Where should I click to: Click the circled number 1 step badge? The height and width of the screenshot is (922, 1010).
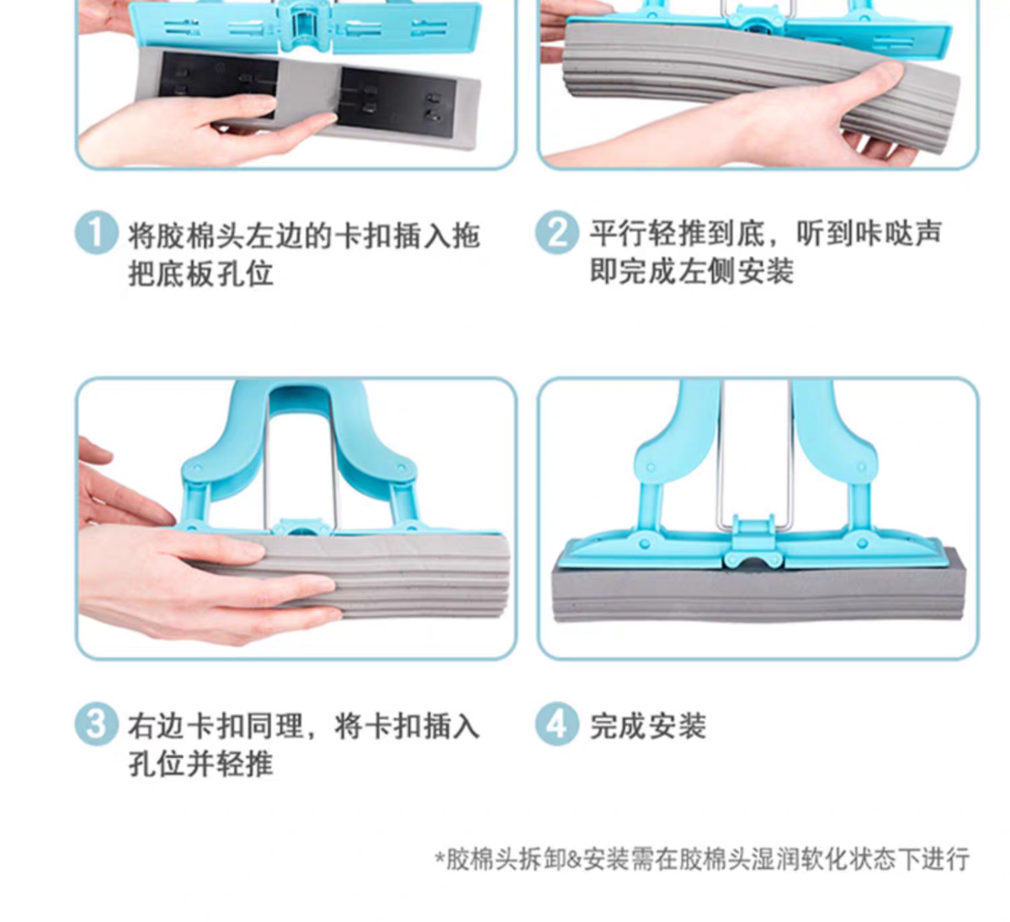click(x=97, y=232)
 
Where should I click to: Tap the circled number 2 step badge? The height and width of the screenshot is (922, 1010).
click(x=556, y=232)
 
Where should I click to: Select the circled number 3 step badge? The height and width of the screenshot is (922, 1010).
click(x=97, y=724)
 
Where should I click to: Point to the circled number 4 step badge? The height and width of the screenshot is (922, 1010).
click(x=556, y=724)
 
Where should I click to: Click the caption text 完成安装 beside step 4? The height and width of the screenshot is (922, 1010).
click(x=648, y=726)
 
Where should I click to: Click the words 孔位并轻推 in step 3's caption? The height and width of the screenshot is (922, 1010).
click(x=200, y=764)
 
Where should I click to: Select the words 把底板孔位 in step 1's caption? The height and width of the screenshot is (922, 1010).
click(x=200, y=273)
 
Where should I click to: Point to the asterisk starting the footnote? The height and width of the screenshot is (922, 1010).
click(x=440, y=856)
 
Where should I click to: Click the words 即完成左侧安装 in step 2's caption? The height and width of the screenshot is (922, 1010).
click(x=691, y=271)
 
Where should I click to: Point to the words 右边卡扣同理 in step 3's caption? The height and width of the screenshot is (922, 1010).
click(x=215, y=726)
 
